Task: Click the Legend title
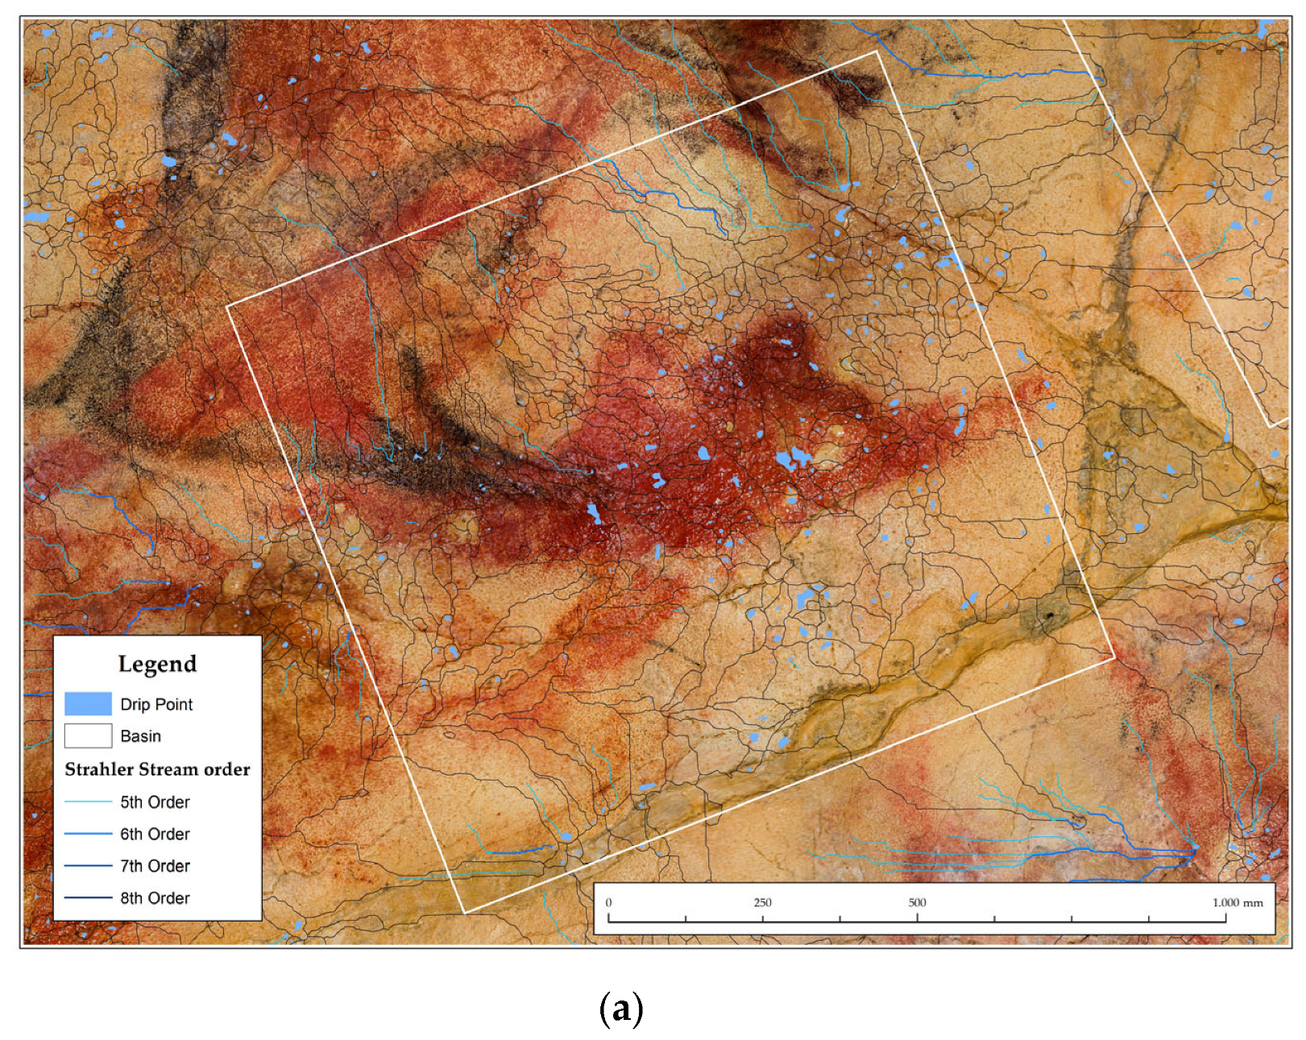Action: (x=157, y=664)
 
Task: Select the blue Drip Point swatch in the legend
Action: (x=88, y=703)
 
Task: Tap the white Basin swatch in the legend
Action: (x=88, y=735)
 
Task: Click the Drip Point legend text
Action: (x=156, y=704)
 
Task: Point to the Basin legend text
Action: (x=140, y=736)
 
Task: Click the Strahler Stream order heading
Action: (x=157, y=769)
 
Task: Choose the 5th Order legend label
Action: (x=155, y=802)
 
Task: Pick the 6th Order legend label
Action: (x=155, y=835)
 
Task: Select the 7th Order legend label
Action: (x=155, y=866)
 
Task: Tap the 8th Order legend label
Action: (x=155, y=898)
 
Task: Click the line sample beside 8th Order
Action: (x=88, y=897)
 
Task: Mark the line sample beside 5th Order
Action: (x=88, y=802)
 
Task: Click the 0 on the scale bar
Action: (x=608, y=902)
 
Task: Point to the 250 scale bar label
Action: (x=762, y=902)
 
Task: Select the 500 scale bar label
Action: (x=917, y=902)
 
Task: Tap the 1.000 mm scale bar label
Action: (x=1238, y=902)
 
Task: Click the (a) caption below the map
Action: (x=621, y=1008)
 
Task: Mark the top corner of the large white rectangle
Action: (x=877, y=52)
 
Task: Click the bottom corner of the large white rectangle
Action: (x=466, y=913)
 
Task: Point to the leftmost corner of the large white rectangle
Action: (x=227, y=306)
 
